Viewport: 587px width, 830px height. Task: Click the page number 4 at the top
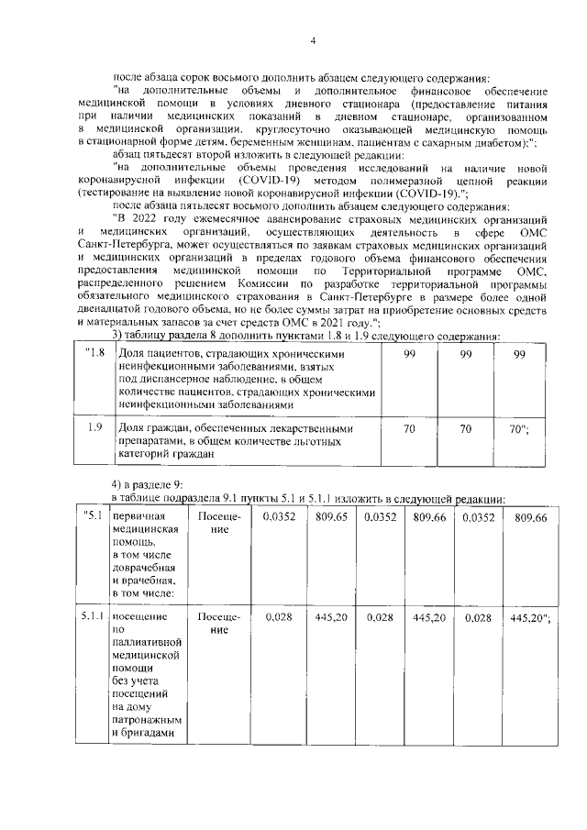(x=312, y=41)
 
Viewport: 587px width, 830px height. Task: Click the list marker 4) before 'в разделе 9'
(x=117, y=483)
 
